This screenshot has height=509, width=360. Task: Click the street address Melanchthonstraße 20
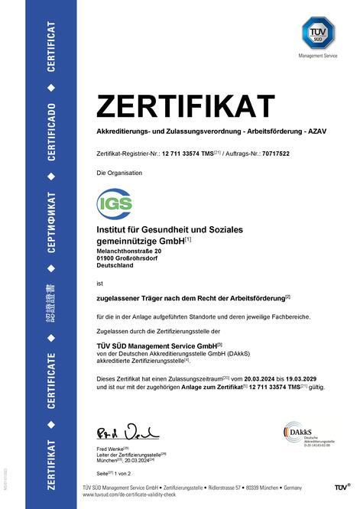pos(129,251)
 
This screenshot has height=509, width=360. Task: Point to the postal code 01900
pos(105,258)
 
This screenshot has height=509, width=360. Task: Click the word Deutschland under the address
pos(115,266)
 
